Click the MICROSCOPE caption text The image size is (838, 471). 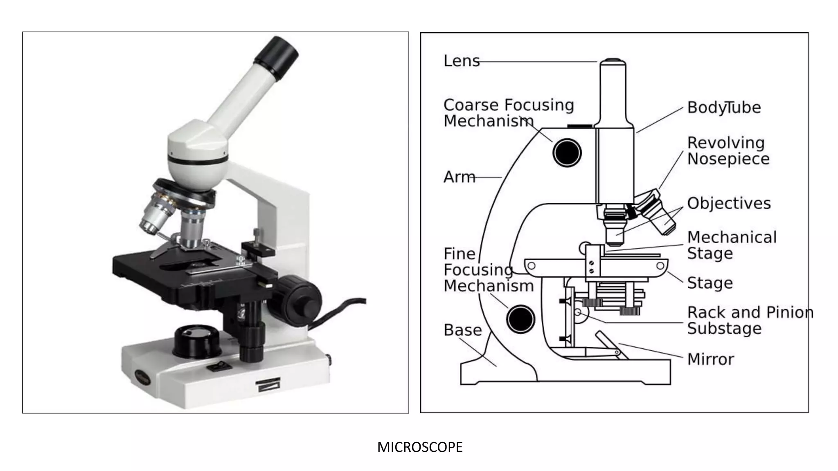pyautogui.click(x=420, y=447)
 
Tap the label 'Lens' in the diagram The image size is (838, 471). pyautogui.click(x=461, y=61)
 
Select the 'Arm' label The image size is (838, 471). pyautogui.click(x=459, y=177)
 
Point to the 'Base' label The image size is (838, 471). pyautogui.click(x=462, y=330)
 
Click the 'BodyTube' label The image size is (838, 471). pyautogui.click(x=724, y=108)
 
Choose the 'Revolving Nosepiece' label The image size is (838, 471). pyautogui.click(x=728, y=150)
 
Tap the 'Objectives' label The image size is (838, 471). pyautogui.click(x=729, y=203)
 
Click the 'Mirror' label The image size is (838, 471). pyautogui.click(x=710, y=359)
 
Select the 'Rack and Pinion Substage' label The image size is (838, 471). pyautogui.click(x=750, y=320)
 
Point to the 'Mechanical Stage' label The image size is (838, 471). pyautogui.click(x=732, y=245)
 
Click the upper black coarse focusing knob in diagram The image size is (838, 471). pyautogui.click(x=567, y=153)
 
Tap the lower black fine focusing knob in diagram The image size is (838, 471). pyautogui.click(x=520, y=319)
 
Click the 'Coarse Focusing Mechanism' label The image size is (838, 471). pyautogui.click(x=508, y=113)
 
